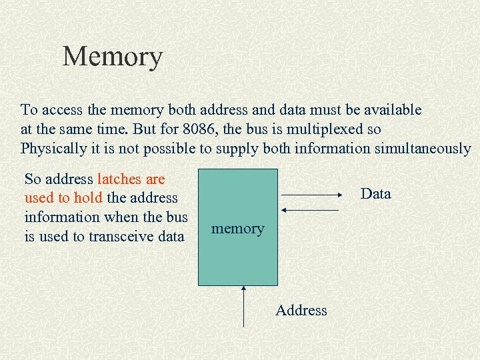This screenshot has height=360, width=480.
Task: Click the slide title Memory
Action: tap(112, 57)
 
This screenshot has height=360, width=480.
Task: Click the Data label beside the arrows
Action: tap(375, 194)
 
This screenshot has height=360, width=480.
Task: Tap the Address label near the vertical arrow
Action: tap(301, 310)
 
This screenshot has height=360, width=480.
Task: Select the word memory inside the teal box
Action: tap(237, 229)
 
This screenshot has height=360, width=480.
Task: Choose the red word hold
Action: tap(89, 198)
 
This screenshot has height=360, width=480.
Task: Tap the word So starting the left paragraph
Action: tap(32, 179)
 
